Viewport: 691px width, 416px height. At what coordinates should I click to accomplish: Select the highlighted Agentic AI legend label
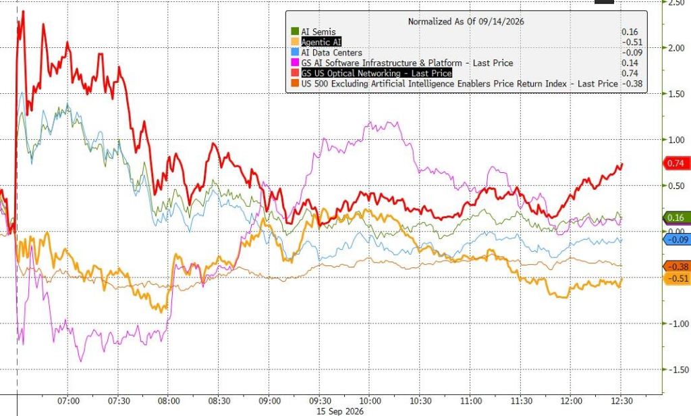click(x=321, y=42)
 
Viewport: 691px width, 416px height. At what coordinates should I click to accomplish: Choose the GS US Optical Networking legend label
click(x=377, y=73)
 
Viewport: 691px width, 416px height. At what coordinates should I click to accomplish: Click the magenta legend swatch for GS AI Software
click(x=295, y=63)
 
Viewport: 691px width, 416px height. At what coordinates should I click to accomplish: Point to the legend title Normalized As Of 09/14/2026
click(x=466, y=21)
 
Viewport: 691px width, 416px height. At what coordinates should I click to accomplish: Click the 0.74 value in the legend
click(x=630, y=73)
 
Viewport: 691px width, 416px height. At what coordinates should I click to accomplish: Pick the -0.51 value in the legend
click(x=632, y=42)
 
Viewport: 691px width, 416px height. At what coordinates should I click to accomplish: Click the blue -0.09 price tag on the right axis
click(x=676, y=240)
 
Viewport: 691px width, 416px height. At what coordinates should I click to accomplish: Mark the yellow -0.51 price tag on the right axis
click(x=677, y=278)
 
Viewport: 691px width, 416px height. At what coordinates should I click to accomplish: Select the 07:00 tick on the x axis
click(x=69, y=401)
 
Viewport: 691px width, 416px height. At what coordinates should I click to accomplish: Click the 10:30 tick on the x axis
click(x=420, y=401)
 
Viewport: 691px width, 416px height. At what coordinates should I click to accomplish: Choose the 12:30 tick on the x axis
click(x=621, y=401)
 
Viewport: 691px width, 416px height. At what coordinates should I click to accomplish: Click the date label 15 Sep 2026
click(x=340, y=411)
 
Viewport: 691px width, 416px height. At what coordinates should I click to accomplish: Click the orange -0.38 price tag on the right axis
click(x=676, y=267)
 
